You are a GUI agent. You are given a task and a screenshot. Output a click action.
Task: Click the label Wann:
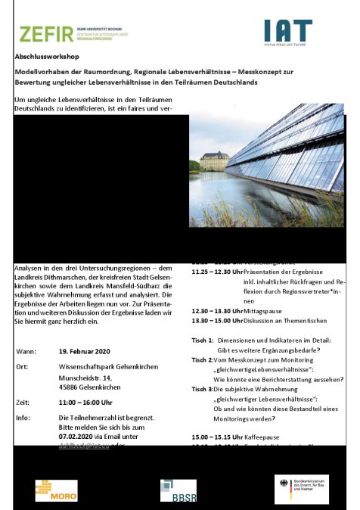(26, 352)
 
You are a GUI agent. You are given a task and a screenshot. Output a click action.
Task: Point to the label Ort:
(23, 367)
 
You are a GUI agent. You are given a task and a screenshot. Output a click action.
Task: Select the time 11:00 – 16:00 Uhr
(92, 403)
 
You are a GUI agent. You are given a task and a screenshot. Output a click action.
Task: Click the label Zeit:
(23, 403)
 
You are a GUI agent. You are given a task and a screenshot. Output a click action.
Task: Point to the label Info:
(23, 417)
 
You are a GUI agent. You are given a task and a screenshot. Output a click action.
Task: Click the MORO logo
(56, 490)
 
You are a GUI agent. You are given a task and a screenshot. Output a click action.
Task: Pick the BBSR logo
(178, 490)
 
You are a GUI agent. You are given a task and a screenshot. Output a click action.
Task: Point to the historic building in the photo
(215, 160)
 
